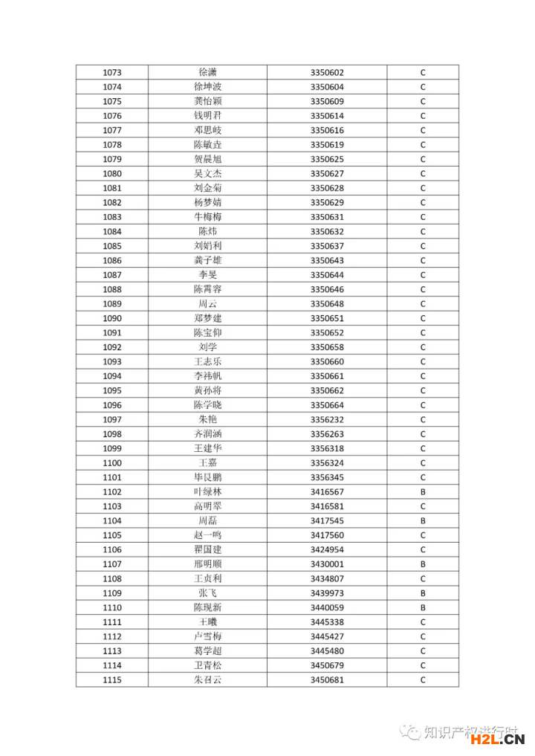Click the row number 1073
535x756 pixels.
(112, 73)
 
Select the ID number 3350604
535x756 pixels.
(327, 87)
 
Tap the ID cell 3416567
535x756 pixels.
(327, 492)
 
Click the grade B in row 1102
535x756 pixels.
(423, 492)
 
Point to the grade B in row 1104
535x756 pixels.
(423, 521)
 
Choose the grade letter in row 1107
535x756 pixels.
(423, 564)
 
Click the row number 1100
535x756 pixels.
(112, 463)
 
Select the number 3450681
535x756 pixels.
(327, 680)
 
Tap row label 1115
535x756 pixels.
(112, 680)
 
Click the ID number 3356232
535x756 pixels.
(327, 420)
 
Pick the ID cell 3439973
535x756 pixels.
(327, 593)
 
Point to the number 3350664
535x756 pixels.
(327, 405)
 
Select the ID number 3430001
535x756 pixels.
(327, 564)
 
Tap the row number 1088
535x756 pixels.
(112, 289)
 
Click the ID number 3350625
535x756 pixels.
(327, 159)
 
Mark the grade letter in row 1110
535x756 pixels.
(423, 608)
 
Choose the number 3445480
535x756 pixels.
(327, 651)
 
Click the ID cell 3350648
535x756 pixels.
(327, 304)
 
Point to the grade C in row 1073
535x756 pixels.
(423, 73)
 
